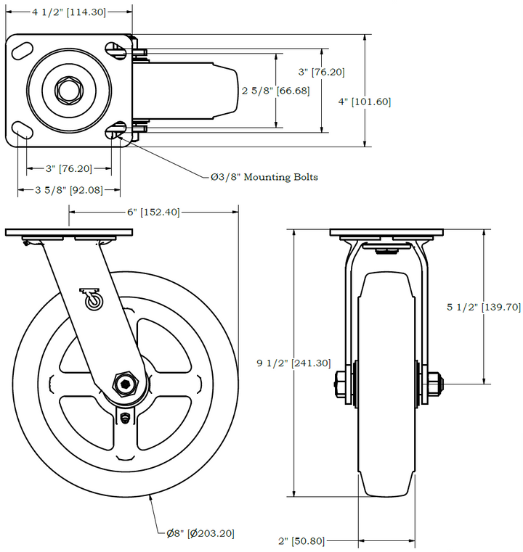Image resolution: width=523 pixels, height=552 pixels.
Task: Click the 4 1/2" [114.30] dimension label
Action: pyautogui.click(x=70, y=12)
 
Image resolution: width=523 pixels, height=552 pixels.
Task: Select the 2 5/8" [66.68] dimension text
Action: pyautogui.click(x=275, y=91)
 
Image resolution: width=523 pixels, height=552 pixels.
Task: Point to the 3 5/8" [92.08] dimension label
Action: pyautogui.click(x=70, y=190)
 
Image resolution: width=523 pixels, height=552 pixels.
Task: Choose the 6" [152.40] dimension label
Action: pyautogui.click(x=153, y=212)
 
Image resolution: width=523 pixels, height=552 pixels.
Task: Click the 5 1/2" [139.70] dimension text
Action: pyautogui.click(x=483, y=307)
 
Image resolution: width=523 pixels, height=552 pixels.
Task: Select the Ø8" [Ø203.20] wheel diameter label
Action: pyautogui.click(x=200, y=533)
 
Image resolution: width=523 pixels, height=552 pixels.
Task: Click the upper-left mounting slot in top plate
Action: pyautogui.click(x=23, y=51)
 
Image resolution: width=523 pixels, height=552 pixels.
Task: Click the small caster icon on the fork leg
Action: pyautogui.click(x=92, y=298)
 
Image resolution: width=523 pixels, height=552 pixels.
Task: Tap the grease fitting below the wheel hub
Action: pyautogui.click(x=127, y=419)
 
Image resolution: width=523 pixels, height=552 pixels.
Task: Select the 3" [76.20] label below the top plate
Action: pyautogui.click(x=69, y=168)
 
